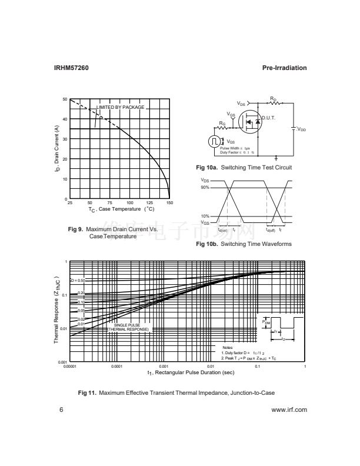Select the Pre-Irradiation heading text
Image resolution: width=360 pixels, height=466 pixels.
(284, 68)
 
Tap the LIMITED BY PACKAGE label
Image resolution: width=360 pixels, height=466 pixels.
(120, 107)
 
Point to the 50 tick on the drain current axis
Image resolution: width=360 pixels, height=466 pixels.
(65, 99)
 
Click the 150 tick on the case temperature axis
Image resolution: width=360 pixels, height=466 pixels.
(169, 203)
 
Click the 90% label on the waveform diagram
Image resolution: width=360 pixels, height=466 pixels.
(205, 188)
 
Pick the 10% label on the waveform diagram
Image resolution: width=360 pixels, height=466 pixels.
(205, 216)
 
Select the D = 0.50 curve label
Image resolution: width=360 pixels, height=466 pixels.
(78, 281)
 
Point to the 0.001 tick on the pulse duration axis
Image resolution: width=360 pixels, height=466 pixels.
(164, 367)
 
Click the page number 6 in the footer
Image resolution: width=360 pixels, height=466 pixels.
(61, 411)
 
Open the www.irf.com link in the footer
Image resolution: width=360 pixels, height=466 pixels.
(289, 411)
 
